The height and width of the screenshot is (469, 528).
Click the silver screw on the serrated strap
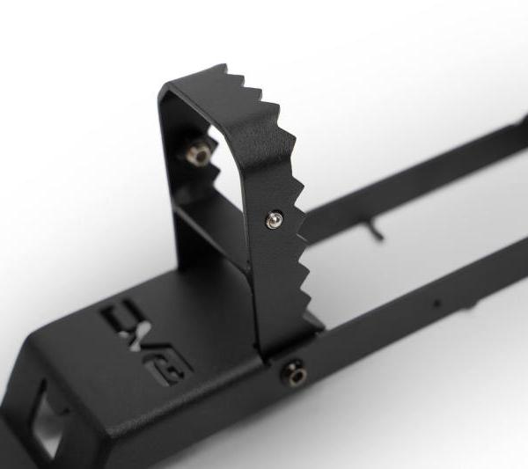click(x=274, y=219)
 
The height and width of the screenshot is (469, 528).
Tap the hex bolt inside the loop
click(x=199, y=155)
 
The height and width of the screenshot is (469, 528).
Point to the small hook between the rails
click(x=377, y=231)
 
